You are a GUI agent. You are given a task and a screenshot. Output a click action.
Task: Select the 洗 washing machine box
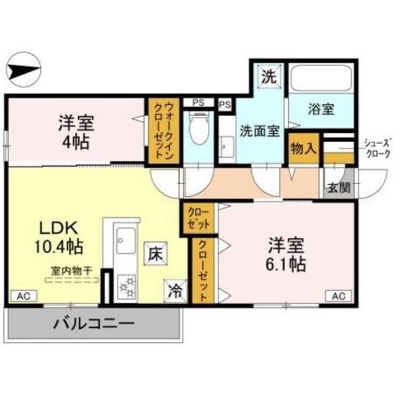pyautogui.click(x=268, y=77)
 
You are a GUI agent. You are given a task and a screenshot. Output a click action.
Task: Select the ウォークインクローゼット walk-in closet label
pyautogui.click(x=161, y=131)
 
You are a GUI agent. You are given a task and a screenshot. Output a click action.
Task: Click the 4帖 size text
pyautogui.click(x=76, y=141)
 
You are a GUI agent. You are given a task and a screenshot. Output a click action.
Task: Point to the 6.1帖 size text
pyautogui.click(x=287, y=264)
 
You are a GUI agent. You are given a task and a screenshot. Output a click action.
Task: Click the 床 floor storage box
pyautogui.click(x=154, y=252)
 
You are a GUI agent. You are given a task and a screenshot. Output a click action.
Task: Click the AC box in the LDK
pyautogui.click(x=23, y=296)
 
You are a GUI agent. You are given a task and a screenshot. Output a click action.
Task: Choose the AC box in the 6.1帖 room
pyautogui.click(x=339, y=296)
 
